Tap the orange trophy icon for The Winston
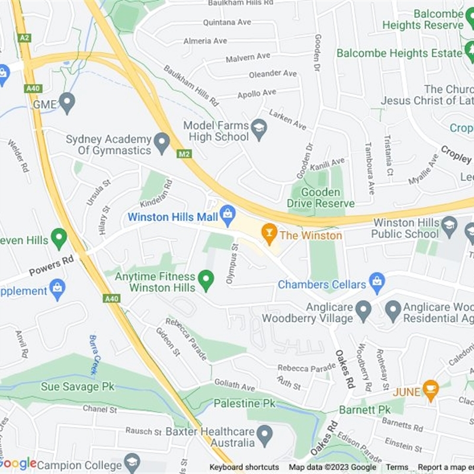click(x=270, y=234)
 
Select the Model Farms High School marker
click(x=259, y=130)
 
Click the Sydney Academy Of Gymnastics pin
click(x=162, y=143)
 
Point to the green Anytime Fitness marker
click(x=206, y=280)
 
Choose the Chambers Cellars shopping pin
click(x=377, y=283)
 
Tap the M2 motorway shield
click(x=184, y=153)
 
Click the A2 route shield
click(x=24, y=37)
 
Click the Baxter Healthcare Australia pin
click(x=264, y=435)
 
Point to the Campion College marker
click(x=132, y=462)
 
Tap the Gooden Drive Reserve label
click(x=321, y=198)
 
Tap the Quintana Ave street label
click(x=227, y=23)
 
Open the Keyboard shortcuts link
click(x=244, y=467)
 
